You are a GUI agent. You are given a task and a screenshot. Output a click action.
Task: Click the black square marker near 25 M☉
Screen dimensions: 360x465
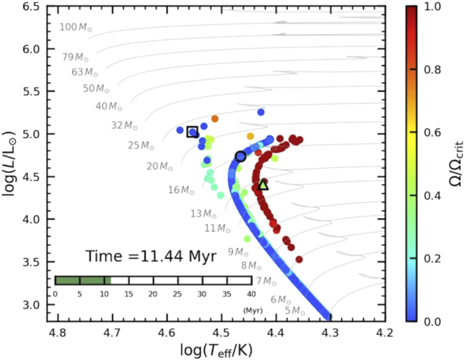[x=192, y=131]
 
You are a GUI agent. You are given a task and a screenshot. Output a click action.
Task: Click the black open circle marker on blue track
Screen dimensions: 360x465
[x=241, y=156]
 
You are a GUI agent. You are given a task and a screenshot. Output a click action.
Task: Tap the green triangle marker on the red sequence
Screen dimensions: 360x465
[x=263, y=185]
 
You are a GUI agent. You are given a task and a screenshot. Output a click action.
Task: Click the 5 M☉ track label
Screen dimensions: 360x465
[x=295, y=311]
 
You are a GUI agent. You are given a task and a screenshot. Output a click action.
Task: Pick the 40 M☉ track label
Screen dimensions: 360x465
[x=109, y=106]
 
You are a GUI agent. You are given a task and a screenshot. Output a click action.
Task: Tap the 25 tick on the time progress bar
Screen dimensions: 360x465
[x=178, y=294]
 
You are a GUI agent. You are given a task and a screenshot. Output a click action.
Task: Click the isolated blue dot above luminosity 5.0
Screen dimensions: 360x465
[x=261, y=112]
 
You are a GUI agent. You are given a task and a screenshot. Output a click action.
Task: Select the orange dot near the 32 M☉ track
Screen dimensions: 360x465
[x=215, y=119]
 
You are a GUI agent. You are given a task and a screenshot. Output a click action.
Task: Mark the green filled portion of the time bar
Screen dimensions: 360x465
[x=83, y=280]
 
